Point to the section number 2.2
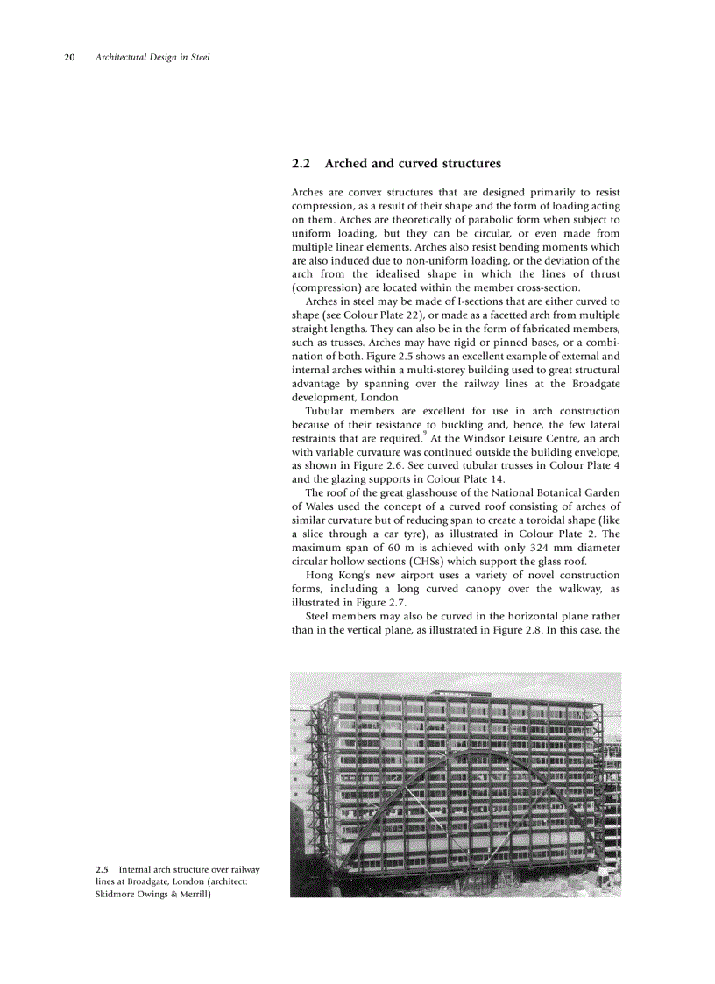pyautogui.click(x=301, y=164)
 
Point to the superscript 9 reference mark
pyautogui.click(x=425, y=432)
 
